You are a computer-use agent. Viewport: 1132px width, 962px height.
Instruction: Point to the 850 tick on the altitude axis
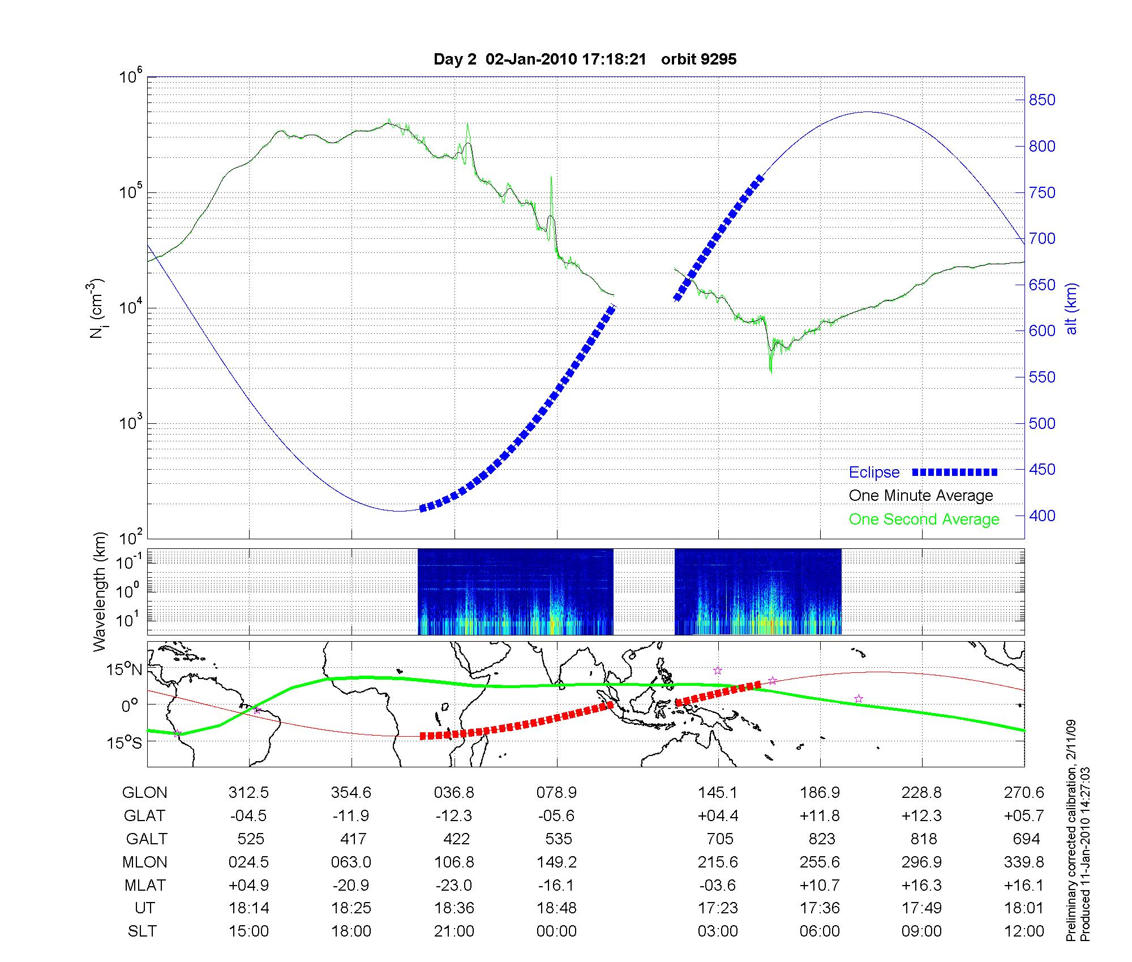click(1042, 100)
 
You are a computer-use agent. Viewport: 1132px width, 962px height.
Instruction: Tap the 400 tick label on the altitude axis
click(1042, 516)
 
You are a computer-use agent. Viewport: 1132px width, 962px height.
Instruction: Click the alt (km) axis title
click(1071, 308)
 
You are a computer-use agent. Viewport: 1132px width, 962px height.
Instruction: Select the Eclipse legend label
click(874, 473)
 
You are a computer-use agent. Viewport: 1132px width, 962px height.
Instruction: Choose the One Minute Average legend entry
click(921, 496)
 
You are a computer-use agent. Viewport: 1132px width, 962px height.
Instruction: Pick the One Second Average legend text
click(924, 519)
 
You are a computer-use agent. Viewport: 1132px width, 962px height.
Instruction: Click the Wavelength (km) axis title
click(100, 592)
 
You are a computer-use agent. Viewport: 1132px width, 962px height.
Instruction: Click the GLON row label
click(145, 793)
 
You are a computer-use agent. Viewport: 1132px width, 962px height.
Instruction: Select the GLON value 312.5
click(248, 793)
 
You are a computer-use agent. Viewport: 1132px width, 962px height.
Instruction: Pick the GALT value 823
click(822, 839)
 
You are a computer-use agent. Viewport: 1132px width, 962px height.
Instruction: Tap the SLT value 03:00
click(718, 931)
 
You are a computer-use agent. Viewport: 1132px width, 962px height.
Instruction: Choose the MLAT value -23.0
click(454, 885)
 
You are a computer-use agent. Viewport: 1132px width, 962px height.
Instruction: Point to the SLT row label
click(142, 931)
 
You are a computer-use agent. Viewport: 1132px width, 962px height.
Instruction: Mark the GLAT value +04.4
click(718, 816)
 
